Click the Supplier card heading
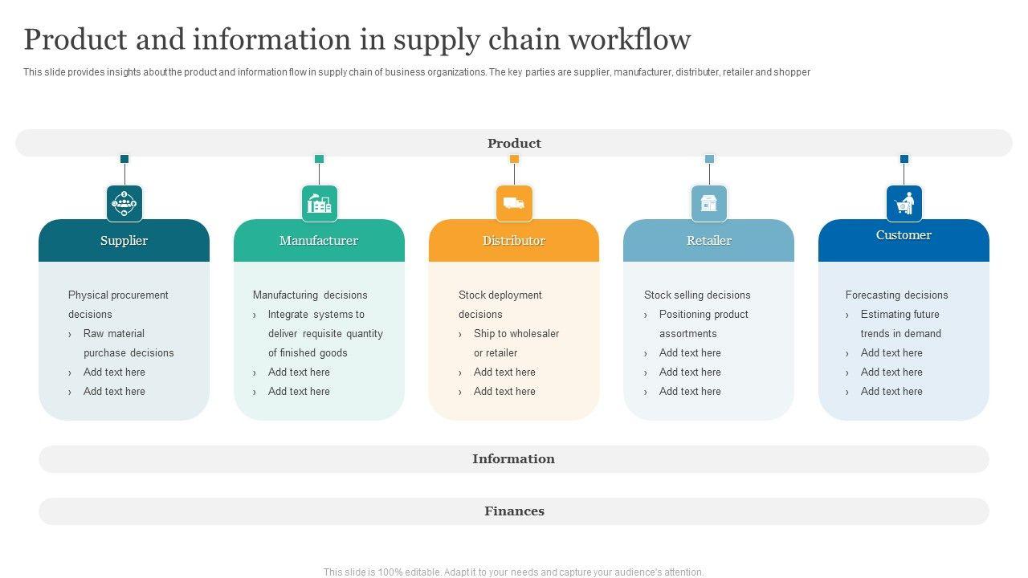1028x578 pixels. [124, 241]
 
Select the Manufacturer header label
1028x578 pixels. [319, 241]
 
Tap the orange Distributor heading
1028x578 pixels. [514, 241]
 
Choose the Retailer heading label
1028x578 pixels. [709, 241]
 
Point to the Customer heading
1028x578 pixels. [904, 235]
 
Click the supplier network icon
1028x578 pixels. [124, 203]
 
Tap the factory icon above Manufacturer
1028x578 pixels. [320, 203]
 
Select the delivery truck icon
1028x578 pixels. [514, 203]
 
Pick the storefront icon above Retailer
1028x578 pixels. [709, 203]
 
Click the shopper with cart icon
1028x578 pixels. [904, 203]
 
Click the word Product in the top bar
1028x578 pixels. [514, 144]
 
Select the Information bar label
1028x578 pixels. [513, 459]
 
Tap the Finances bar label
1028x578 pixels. [514, 511]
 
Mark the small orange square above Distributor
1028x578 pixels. [514, 159]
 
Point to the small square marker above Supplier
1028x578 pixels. [124, 159]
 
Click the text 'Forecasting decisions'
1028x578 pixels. [896, 295]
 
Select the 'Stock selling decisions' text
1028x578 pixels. [697, 295]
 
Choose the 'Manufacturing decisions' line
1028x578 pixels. [310, 295]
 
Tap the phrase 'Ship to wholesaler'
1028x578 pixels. [516, 334]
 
